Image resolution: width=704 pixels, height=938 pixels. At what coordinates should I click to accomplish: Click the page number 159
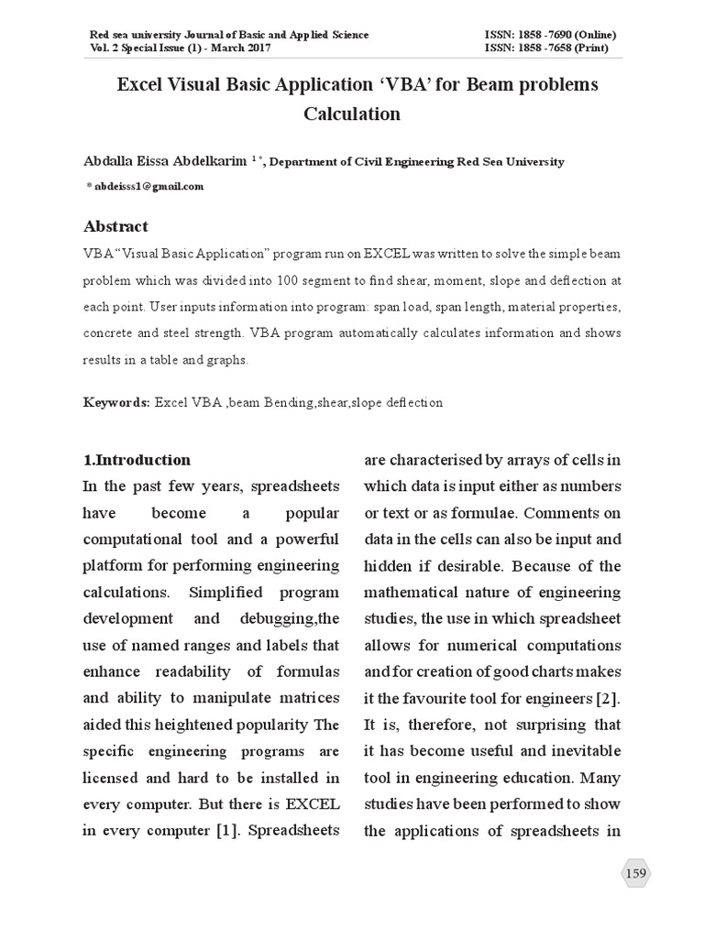(635, 873)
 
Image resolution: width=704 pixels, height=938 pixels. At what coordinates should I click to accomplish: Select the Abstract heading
(115, 226)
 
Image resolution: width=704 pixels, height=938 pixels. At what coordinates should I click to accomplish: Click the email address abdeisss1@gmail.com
(148, 186)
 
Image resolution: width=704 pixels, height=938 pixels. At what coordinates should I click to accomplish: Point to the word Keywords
(116, 402)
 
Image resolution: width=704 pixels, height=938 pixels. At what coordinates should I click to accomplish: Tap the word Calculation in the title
(352, 115)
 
